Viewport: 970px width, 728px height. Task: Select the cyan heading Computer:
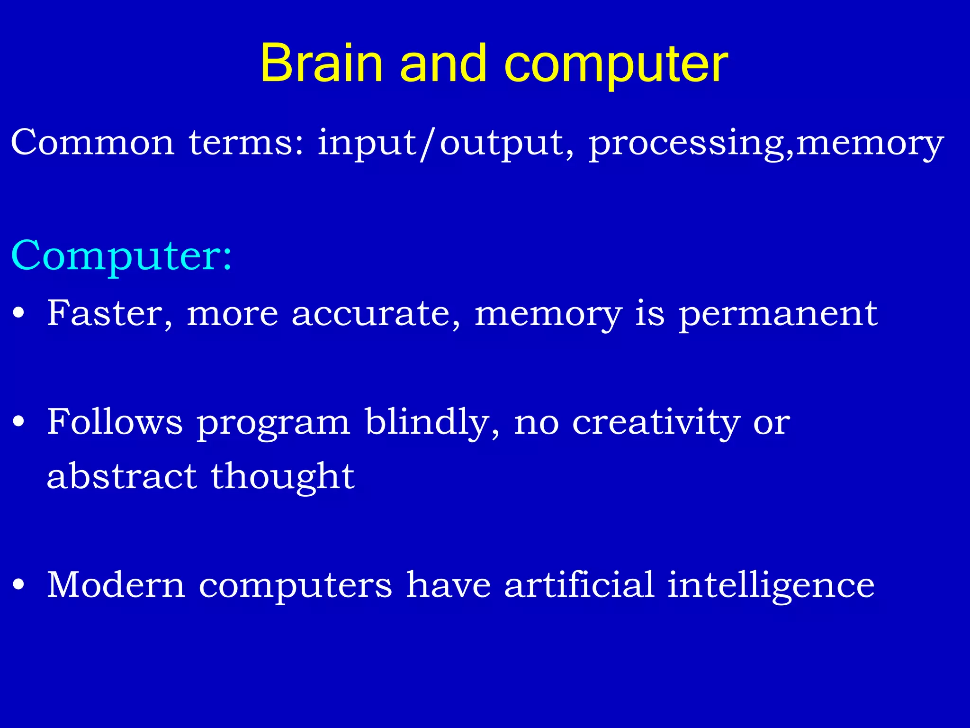point(121,256)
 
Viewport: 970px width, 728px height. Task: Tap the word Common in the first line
point(92,142)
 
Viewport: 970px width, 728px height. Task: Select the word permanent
point(778,315)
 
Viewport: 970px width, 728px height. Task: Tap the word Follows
point(115,422)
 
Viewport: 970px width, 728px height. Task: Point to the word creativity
point(656,423)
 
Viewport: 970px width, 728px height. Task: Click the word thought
point(283,477)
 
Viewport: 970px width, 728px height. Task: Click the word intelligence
point(771,586)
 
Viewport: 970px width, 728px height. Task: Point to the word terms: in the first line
point(246,142)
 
